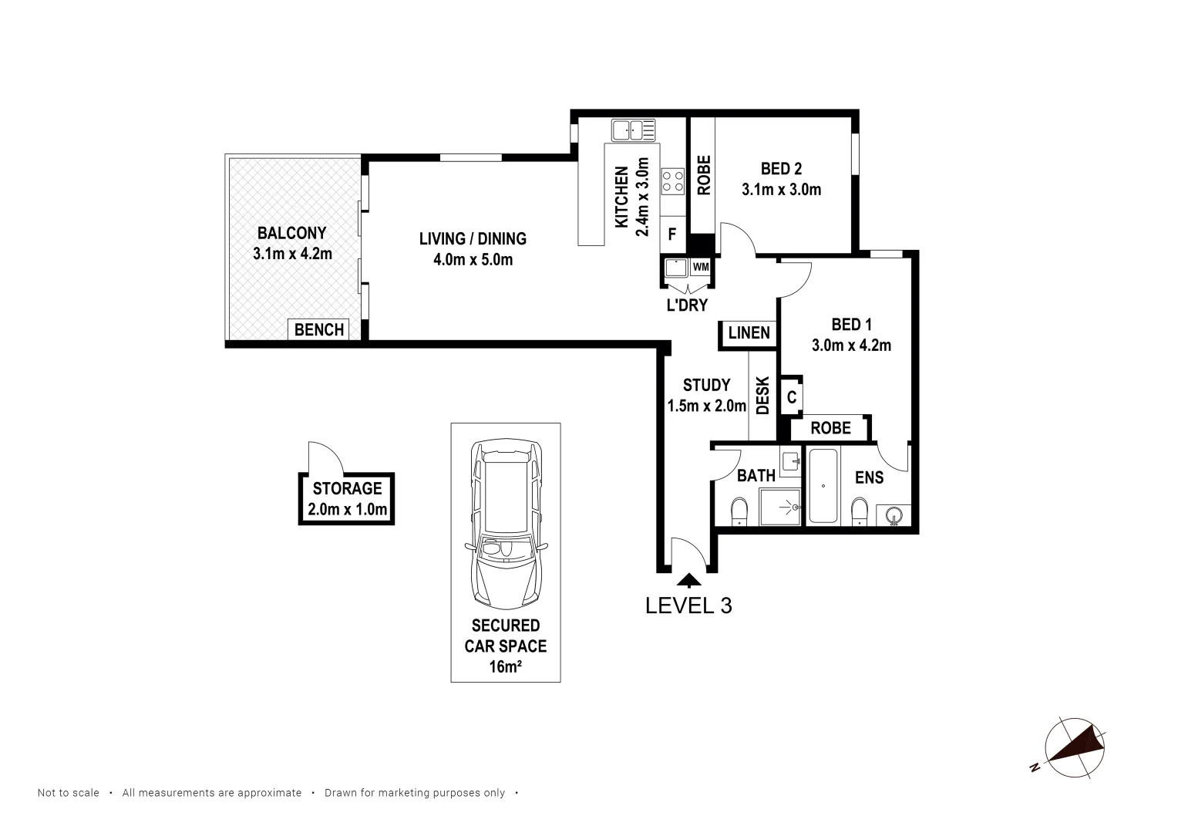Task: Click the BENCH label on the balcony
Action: coord(319,330)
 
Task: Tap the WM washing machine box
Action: coord(700,267)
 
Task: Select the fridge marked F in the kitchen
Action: coord(672,234)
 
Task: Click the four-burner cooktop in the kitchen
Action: coord(672,180)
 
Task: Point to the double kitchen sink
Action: coord(633,130)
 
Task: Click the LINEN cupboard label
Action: coord(749,333)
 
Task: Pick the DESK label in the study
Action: coord(762,396)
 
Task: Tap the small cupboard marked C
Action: coord(792,399)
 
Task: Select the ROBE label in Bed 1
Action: coord(830,428)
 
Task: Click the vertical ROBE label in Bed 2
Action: coord(703,175)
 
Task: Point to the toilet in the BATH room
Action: coord(739,511)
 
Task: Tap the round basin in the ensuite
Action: coord(895,515)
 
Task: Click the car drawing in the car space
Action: coord(506,524)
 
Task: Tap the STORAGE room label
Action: coord(347,488)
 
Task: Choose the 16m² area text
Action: coord(505,667)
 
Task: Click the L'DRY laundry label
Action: coord(687,305)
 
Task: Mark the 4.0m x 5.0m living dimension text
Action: coord(473,260)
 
